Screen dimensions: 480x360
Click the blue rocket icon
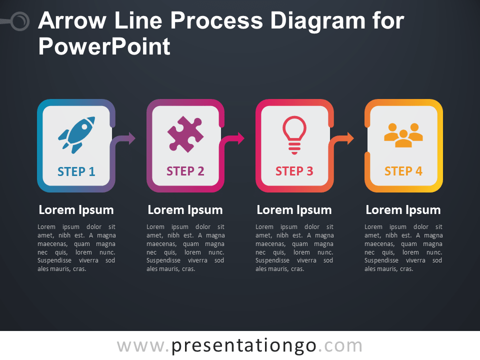pos(76,134)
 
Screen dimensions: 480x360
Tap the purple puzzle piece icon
pos(185,134)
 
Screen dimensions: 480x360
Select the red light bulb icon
pos(294,135)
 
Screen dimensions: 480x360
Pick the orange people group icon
pos(403,135)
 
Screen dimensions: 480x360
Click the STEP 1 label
pos(76,171)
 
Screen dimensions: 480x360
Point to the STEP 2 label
pos(185,171)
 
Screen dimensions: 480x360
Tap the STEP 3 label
pos(294,171)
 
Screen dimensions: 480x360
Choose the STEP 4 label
pos(403,171)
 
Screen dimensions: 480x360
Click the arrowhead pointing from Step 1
pos(132,138)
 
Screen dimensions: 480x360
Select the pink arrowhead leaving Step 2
pos(241,138)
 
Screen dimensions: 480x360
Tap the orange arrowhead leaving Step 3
pos(350,138)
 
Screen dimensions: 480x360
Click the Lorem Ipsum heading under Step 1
pos(76,210)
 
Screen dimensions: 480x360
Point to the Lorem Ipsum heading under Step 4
pos(403,210)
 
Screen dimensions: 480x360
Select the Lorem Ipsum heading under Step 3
pos(294,210)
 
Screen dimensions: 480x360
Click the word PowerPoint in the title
pos(104,47)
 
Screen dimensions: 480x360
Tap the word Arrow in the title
pos(72,21)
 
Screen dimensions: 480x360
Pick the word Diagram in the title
pos(318,21)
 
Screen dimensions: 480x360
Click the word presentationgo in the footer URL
pos(244,346)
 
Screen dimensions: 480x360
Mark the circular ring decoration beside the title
pos(20,21)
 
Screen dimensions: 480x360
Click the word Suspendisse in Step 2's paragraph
pos(163,260)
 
